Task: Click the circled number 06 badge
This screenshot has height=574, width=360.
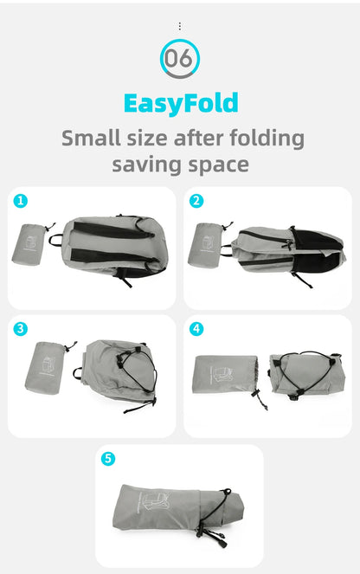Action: click(180, 60)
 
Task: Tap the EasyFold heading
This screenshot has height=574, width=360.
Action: click(180, 103)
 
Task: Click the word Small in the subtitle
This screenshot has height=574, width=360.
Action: click(90, 138)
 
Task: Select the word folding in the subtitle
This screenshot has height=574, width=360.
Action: click(265, 139)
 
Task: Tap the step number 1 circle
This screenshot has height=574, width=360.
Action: click(22, 201)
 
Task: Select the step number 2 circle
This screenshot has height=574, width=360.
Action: click(196, 201)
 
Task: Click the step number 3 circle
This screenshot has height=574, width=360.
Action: click(22, 329)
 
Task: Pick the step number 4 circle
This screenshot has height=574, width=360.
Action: click(196, 329)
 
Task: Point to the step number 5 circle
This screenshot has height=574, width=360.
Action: click(108, 459)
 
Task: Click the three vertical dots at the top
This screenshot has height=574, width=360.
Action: click(180, 26)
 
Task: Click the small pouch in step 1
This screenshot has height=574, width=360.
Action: click(31, 242)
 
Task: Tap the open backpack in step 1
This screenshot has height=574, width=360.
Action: click(112, 247)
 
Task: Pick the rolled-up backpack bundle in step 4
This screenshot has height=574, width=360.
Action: click(307, 373)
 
